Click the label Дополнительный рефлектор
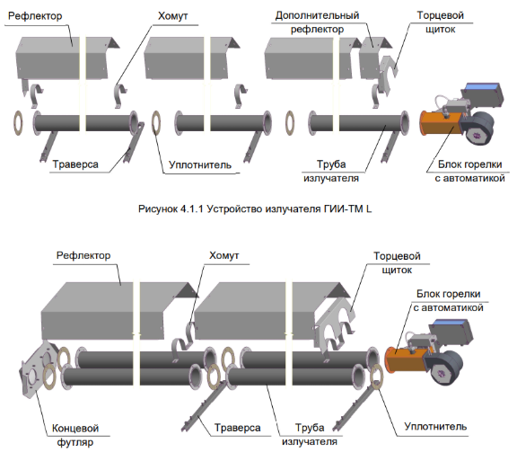click(x=317, y=22)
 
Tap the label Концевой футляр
click(x=75, y=435)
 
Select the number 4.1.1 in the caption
click(x=192, y=208)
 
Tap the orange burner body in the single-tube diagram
click(x=441, y=123)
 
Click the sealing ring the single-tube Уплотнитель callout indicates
click(x=156, y=122)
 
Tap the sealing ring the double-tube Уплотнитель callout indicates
click(x=376, y=377)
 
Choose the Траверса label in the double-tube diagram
click(x=237, y=428)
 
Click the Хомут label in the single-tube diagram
click(x=172, y=16)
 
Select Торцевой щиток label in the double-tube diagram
click(x=397, y=262)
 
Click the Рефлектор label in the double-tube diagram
click(x=83, y=255)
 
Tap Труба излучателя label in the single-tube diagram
click(x=331, y=171)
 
